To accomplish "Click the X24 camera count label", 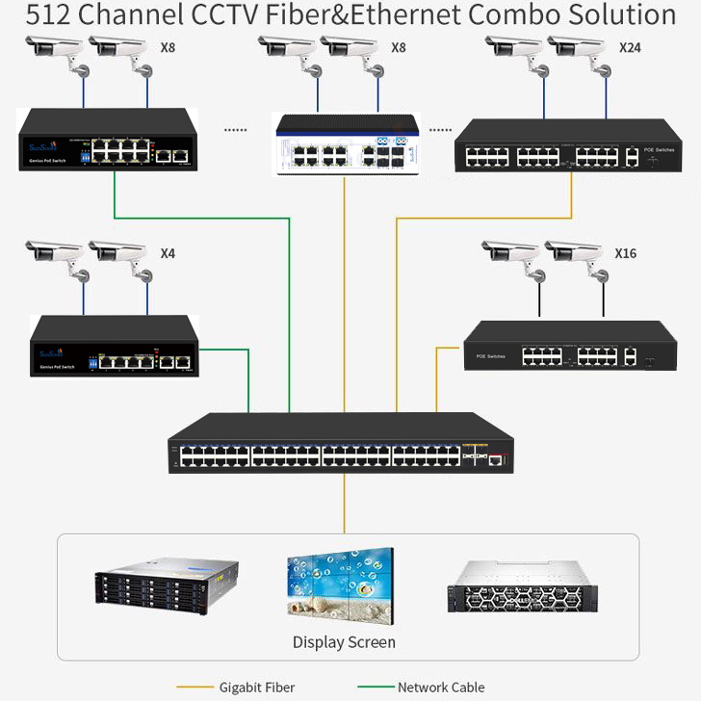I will pos(630,47).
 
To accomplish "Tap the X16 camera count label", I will pos(626,254).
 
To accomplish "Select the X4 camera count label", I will pos(168,254).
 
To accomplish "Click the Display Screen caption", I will pos(344,641).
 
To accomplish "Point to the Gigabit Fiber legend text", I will pos(257,688).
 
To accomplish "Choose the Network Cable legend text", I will pos(441,688).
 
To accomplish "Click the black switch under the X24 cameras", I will pos(568,146).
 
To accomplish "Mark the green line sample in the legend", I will pos(376,688).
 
